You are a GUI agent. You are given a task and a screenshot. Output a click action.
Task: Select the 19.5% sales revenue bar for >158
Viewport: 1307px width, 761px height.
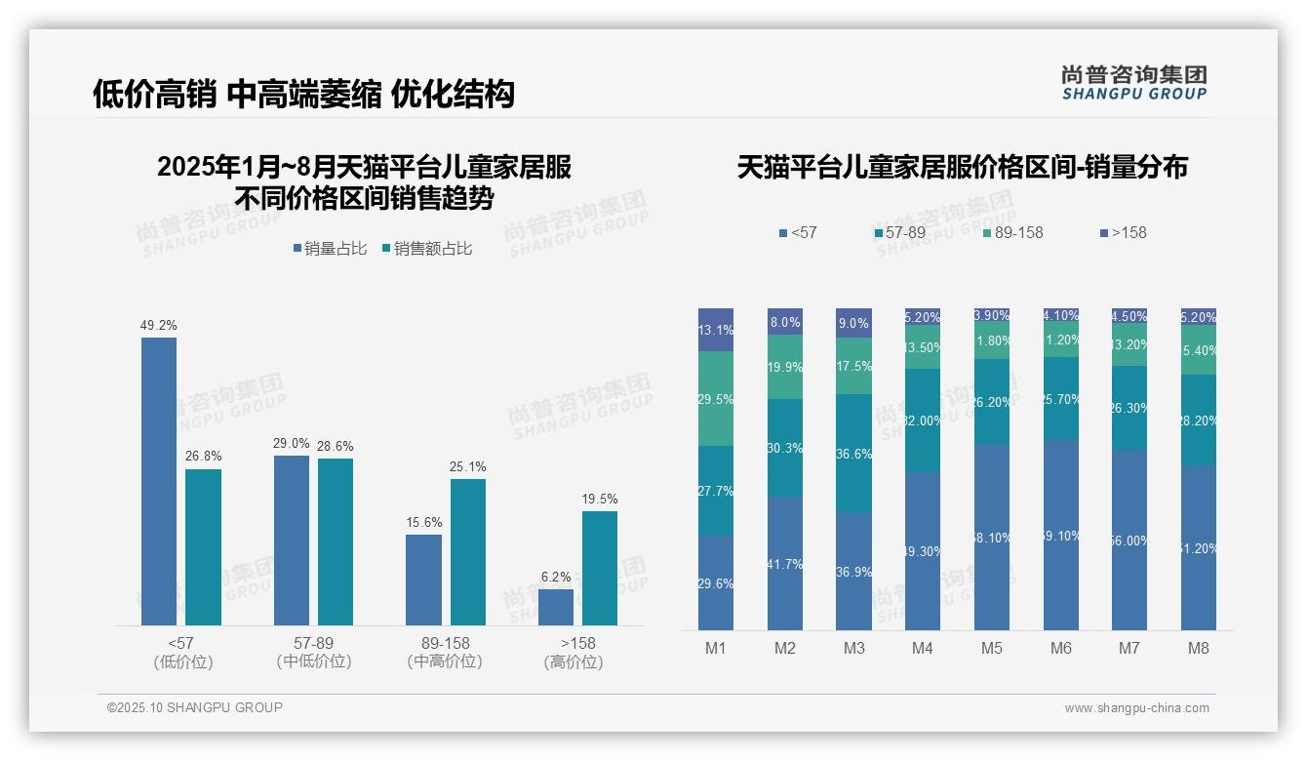(600, 568)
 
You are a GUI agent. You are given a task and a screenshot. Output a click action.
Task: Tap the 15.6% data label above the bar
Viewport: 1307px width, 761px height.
(423, 522)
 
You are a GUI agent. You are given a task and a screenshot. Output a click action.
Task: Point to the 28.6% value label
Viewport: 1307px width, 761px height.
(336, 446)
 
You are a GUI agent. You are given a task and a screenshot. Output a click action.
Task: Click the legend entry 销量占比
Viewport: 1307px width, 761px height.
(330, 249)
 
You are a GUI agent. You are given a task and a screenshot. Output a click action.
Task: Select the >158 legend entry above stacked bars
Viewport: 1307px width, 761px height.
(1124, 232)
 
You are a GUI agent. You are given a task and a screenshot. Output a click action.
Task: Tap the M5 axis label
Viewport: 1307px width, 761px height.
(992, 648)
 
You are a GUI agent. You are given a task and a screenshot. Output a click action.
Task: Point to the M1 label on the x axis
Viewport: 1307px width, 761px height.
(716, 648)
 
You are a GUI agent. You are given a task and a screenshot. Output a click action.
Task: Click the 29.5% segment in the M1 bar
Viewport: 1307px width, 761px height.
(716, 398)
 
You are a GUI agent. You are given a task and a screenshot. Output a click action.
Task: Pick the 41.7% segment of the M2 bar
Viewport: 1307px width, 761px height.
(785, 563)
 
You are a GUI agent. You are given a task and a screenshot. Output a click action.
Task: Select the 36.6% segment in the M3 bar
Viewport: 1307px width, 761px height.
(854, 453)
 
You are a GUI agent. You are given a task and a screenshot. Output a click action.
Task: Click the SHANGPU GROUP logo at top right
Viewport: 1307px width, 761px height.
(1133, 83)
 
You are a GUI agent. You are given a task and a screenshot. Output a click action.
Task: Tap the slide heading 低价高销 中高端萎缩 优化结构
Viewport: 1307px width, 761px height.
(303, 94)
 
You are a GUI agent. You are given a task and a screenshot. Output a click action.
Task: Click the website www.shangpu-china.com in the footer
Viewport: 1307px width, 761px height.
(1136, 708)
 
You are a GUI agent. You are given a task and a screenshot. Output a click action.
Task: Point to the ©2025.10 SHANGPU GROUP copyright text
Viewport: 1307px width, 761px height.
(195, 707)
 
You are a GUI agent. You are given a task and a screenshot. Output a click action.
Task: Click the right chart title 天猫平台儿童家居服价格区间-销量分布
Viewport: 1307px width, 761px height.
(962, 168)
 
